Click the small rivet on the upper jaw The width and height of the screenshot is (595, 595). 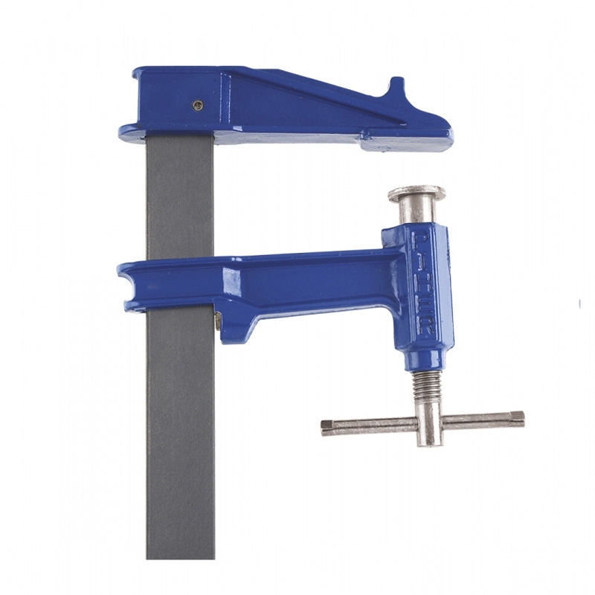pyautogui.click(x=198, y=105)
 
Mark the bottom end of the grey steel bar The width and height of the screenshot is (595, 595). pyautogui.click(x=180, y=554)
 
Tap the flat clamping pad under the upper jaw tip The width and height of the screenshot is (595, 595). pyautogui.click(x=405, y=143)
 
